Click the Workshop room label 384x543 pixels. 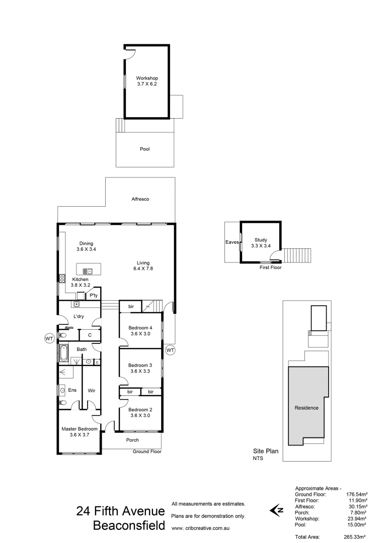click(147, 78)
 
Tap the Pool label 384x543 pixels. click(145, 149)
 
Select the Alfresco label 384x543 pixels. click(140, 199)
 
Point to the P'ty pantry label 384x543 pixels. click(93, 296)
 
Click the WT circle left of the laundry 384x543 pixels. click(49, 339)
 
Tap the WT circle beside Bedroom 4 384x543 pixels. click(170, 350)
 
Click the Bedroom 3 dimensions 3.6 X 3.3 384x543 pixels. click(140, 372)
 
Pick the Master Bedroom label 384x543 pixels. click(80, 429)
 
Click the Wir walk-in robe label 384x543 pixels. click(92, 389)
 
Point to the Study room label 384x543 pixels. click(260, 240)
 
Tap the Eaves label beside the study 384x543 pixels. click(232, 242)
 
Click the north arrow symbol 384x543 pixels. click(277, 511)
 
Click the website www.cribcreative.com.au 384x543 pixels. click(201, 528)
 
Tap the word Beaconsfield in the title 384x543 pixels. click(129, 526)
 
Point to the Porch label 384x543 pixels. click(132, 440)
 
